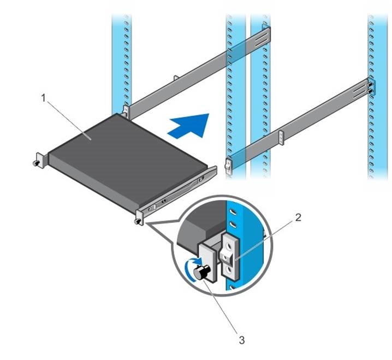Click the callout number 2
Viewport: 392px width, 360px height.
298,217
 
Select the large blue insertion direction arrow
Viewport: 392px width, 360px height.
189,127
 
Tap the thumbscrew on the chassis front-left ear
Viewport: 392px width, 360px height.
35,162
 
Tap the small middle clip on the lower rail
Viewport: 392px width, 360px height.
281,138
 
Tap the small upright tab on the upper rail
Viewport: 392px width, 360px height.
175,79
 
